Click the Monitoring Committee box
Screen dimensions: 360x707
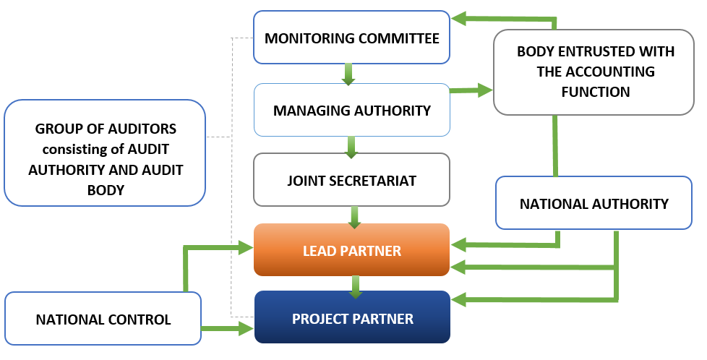click(x=352, y=38)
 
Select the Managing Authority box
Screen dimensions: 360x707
click(x=352, y=111)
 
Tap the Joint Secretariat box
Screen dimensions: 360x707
click(x=352, y=180)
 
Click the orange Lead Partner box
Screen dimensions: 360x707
click(x=352, y=251)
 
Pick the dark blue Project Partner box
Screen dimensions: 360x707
click(x=352, y=318)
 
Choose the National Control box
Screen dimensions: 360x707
click(x=103, y=319)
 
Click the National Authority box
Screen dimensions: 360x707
click(x=594, y=204)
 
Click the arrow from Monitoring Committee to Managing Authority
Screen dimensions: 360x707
click(x=348, y=74)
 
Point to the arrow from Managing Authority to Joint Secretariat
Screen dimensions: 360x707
click(x=351, y=147)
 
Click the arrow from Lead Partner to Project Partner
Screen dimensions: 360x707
click(x=355, y=286)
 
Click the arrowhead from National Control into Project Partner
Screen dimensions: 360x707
click(x=246, y=330)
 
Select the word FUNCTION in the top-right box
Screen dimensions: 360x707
click(x=594, y=92)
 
